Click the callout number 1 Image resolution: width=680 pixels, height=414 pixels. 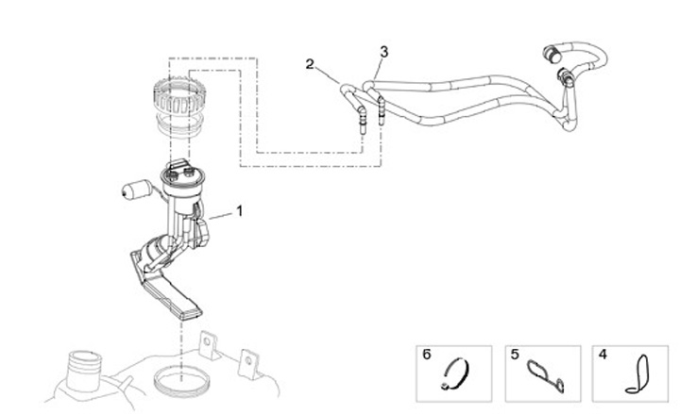click(239, 212)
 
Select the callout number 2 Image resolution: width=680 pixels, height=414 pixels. click(310, 64)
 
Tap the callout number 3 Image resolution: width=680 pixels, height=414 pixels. click(383, 49)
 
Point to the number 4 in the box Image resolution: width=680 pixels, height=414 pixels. click(603, 356)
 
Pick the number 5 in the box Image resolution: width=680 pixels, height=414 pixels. click(516, 356)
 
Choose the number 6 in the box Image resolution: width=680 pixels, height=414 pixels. click(427, 356)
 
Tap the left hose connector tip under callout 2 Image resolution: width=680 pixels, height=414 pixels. click(363, 121)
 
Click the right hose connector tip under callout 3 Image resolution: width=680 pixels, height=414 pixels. click(382, 117)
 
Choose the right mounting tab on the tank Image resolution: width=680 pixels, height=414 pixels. click(249, 362)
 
